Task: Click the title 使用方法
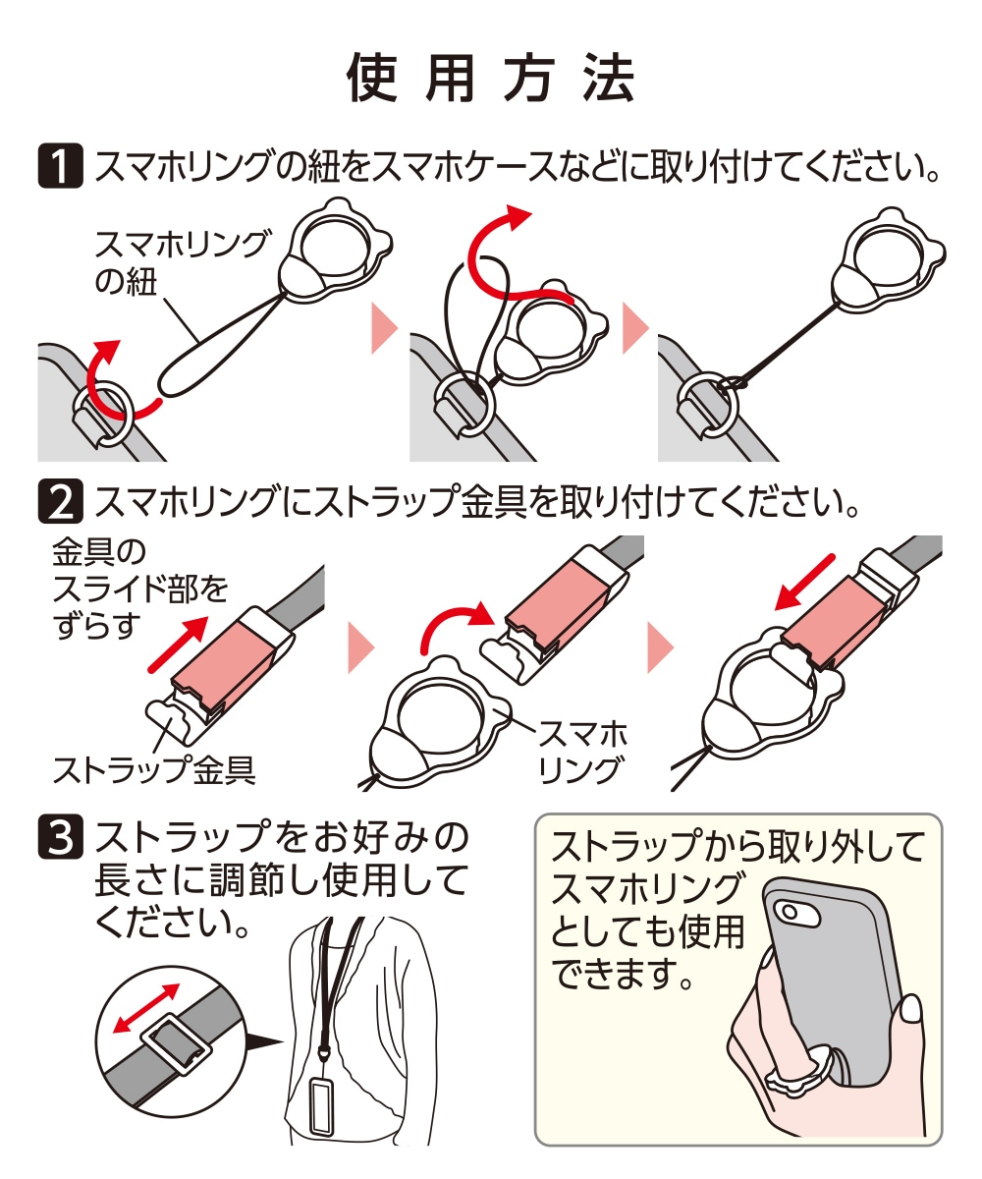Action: click(x=491, y=79)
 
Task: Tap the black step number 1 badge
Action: click(x=60, y=165)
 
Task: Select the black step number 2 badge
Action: click(x=60, y=501)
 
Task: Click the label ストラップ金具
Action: click(x=153, y=769)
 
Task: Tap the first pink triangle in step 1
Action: click(x=384, y=328)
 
